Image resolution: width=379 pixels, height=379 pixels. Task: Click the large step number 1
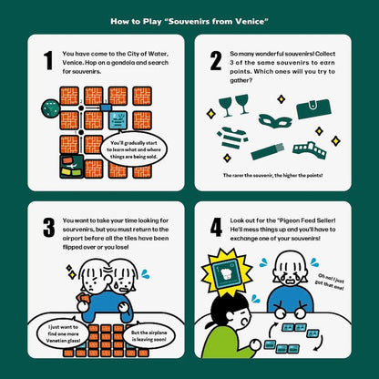click(48, 60)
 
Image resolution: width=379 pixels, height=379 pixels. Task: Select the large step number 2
click(216, 60)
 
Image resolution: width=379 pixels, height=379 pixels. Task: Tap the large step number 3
click(49, 228)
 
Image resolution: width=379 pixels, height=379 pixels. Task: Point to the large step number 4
click(216, 228)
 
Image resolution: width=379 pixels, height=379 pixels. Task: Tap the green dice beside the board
click(51, 108)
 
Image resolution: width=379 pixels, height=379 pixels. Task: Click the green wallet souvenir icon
click(313, 108)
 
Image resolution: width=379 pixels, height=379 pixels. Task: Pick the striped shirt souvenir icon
click(232, 138)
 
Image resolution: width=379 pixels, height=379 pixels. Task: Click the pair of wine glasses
click(234, 105)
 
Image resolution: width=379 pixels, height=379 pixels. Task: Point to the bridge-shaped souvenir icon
click(310, 150)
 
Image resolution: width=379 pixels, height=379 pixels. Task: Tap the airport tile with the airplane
click(72, 166)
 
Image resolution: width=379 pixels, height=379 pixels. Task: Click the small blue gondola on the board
click(106, 108)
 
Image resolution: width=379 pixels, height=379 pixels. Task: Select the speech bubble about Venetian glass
click(63, 333)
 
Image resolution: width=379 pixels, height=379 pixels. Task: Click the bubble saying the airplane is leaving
click(149, 336)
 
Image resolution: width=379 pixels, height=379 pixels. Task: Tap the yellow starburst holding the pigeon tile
click(227, 271)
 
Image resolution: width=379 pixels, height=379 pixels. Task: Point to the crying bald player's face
click(290, 269)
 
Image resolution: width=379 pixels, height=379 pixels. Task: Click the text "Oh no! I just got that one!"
click(330, 282)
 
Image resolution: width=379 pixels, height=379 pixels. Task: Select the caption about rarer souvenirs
click(272, 175)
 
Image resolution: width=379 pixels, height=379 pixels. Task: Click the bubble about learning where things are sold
click(134, 149)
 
